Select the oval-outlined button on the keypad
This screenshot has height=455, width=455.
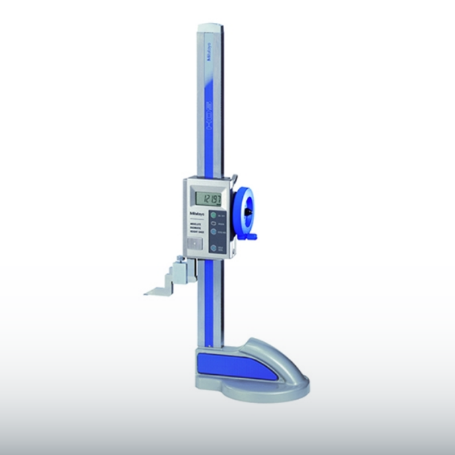(x=213, y=224)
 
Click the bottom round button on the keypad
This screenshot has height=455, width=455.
(x=213, y=248)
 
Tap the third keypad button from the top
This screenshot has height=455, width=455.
(x=213, y=232)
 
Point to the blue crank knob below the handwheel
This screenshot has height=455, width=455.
(x=252, y=237)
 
